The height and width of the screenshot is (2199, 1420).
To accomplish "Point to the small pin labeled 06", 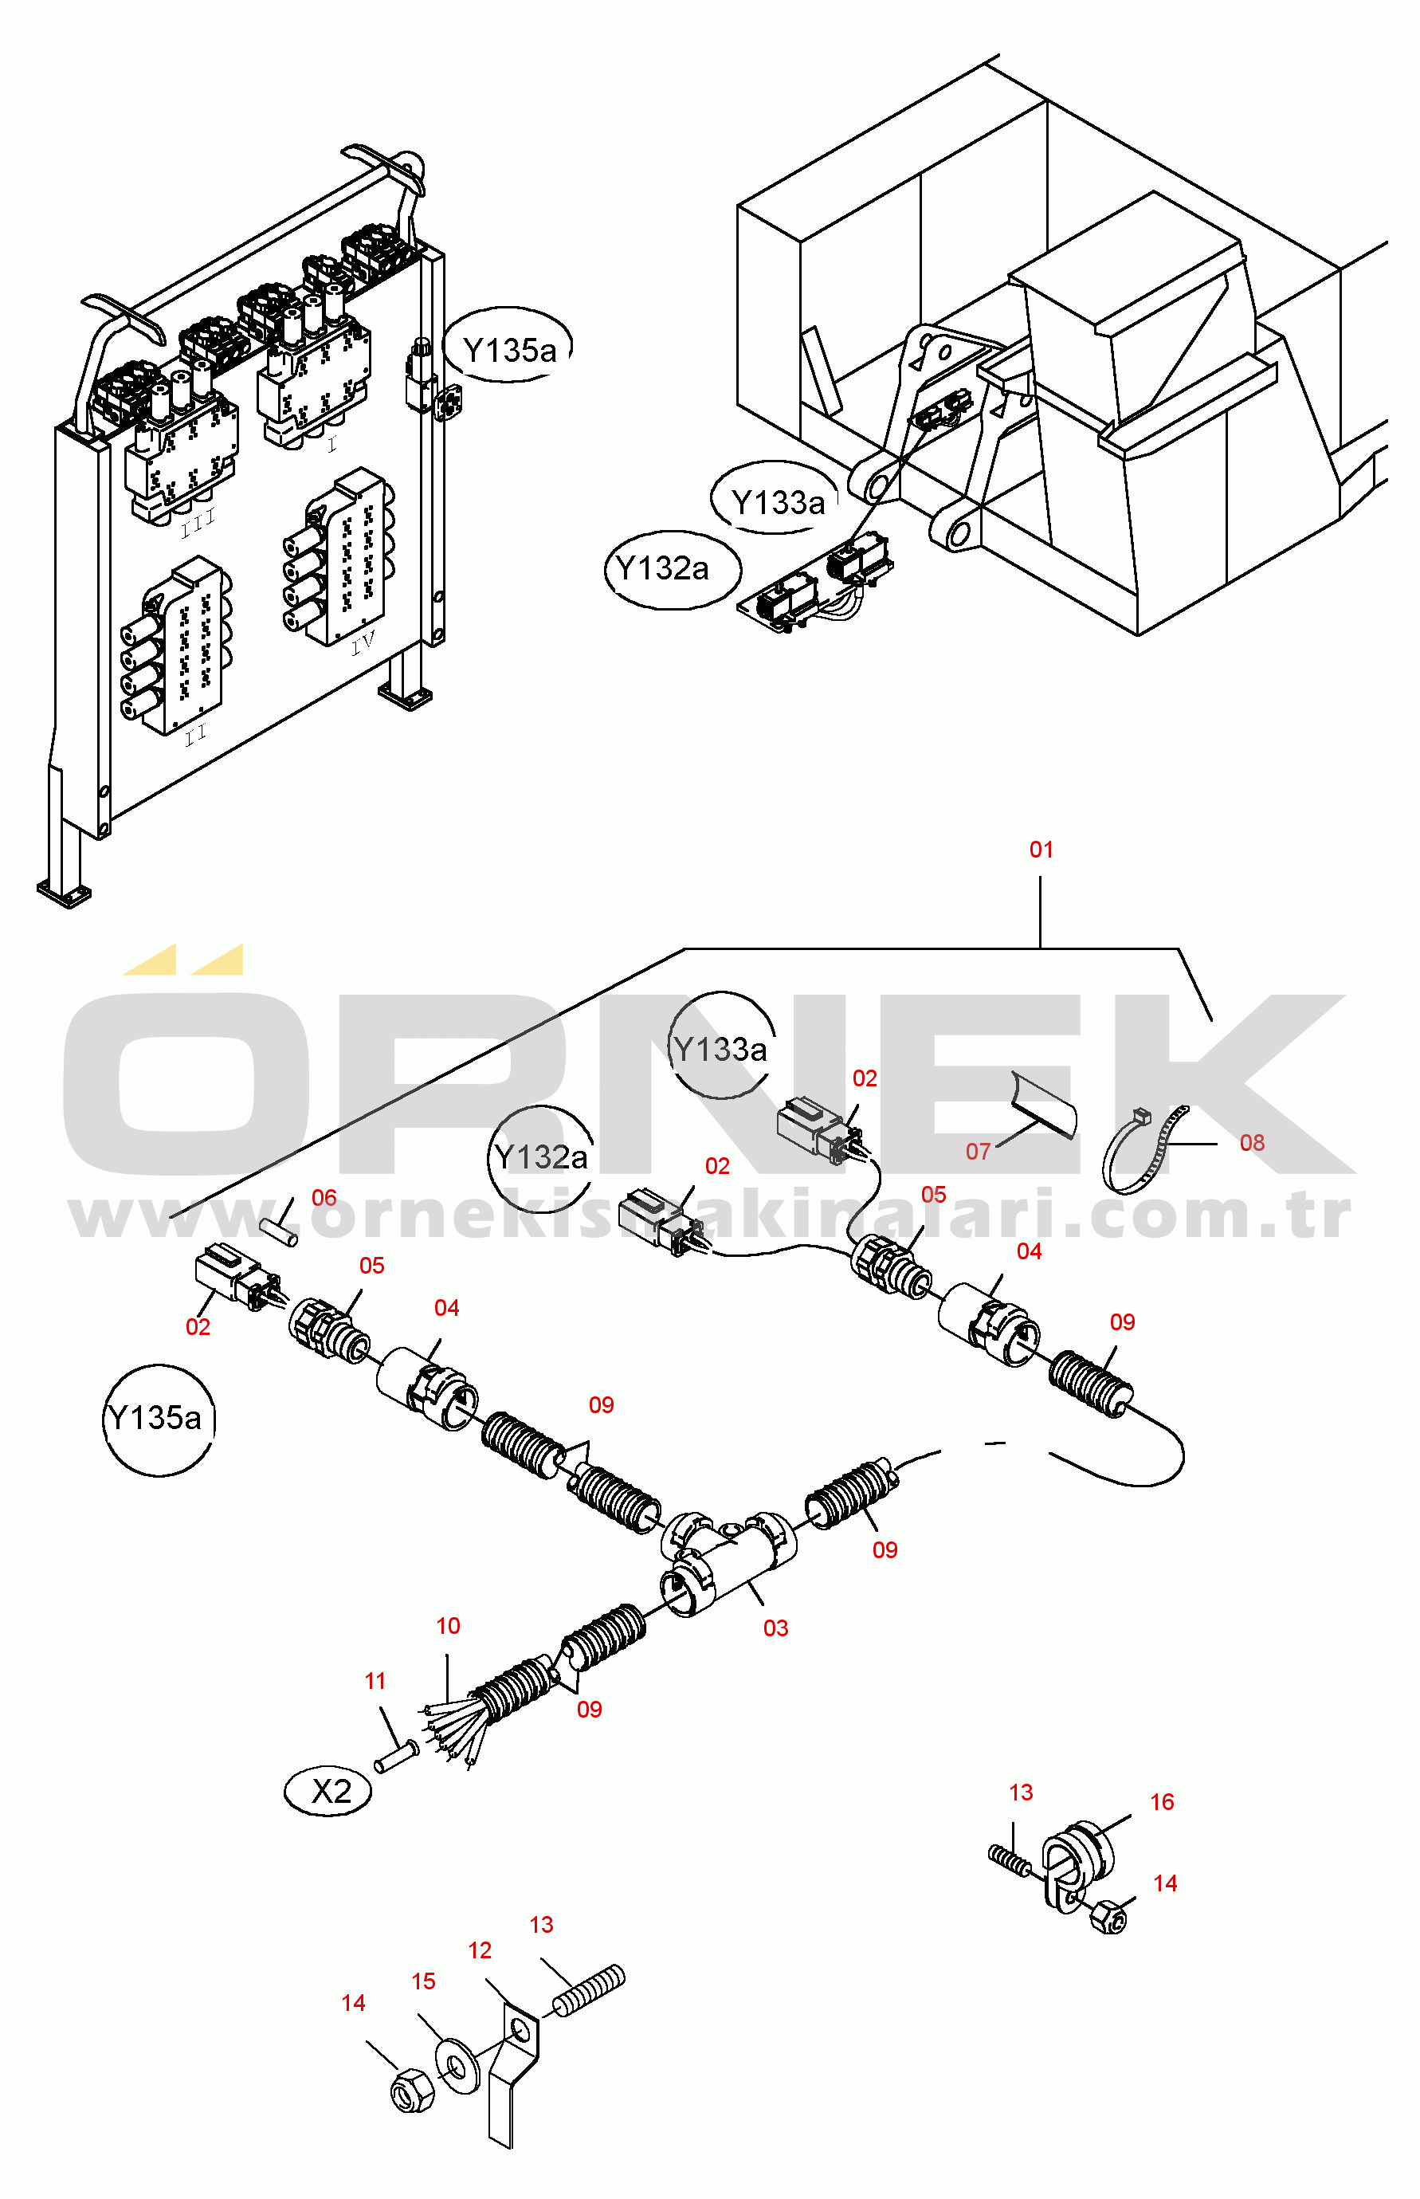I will click(x=277, y=1233).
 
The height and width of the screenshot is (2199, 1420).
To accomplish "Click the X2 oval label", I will click(x=329, y=1792).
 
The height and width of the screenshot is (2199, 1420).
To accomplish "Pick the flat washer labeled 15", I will click(x=457, y=2065).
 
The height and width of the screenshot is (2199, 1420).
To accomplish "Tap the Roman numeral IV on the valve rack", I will click(x=363, y=642).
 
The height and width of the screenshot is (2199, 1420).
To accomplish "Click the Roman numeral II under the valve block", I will click(x=194, y=735).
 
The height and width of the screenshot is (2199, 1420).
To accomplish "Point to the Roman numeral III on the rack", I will click(x=198, y=524).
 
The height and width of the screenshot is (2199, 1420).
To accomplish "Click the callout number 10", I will click(x=448, y=1625).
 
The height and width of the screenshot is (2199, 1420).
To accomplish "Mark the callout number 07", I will click(x=978, y=1151).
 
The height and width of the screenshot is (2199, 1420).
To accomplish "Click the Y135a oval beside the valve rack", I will click(x=510, y=349).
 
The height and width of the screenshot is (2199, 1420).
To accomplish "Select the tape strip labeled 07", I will click(x=1044, y=1105).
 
